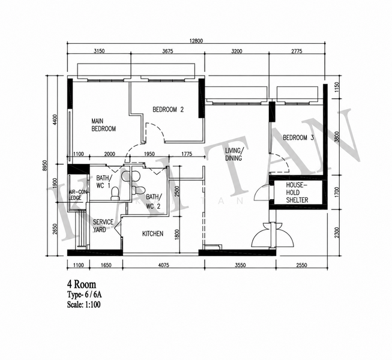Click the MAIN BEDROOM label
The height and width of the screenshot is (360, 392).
coord(103,125)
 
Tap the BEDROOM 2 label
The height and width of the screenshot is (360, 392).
coord(168,109)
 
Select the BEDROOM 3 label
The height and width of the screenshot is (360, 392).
coord(298,137)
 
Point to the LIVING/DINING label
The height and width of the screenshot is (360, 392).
coord(234,154)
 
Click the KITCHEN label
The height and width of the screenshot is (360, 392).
coord(152,233)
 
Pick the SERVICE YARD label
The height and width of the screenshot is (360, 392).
coord(103,226)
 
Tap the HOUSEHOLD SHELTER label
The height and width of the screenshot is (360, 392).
coord(297,193)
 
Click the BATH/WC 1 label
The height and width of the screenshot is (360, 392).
coord(103,182)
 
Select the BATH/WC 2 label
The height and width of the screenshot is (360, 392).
coord(154,202)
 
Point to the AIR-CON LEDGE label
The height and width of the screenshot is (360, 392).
coord(77,195)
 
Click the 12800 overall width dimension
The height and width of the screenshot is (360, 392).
coord(196,41)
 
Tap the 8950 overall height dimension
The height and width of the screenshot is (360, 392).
coord(45,166)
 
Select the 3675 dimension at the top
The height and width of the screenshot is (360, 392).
coord(167,51)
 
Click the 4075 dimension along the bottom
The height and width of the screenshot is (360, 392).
coord(163,265)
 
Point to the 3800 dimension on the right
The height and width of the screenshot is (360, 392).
coord(337,137)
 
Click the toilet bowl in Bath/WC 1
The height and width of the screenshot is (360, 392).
coord(115,193)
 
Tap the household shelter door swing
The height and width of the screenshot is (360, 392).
coord(262,191)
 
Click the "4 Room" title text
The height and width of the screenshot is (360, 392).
coord(82,284)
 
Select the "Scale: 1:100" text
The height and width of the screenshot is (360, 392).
coord(84,305)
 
